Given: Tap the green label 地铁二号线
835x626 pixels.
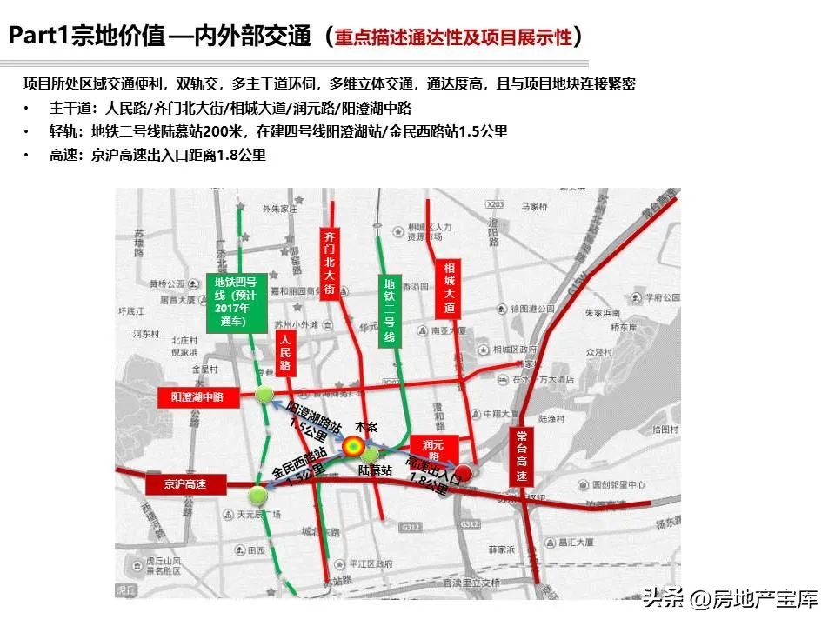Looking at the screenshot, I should [390, 310].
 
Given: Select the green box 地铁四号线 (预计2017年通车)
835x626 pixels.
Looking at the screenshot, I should [234, 300].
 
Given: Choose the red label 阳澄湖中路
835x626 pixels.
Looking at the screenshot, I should [197, 396].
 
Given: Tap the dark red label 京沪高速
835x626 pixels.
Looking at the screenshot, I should [184, 483].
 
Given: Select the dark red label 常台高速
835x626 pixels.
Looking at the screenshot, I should [521, 456].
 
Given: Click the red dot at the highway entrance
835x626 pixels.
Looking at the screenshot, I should [464, 473].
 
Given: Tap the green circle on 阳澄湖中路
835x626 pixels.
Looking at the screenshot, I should [264, 396].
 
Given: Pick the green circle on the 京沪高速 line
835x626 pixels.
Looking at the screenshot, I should [257, 496].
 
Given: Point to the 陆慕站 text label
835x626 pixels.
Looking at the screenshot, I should [375, 469].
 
